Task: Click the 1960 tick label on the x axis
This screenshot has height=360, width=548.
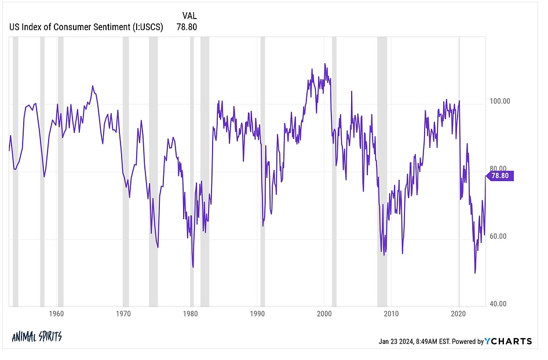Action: [x=56, y=314]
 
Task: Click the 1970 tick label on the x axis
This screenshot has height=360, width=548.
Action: [x=123, y=314]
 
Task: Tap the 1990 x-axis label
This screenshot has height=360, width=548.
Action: [x=257, y=314]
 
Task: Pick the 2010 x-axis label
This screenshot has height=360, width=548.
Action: [x=392, y=314]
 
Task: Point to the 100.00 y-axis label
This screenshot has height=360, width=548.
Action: [x=499, y=101]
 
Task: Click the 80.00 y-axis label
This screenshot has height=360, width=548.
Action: [x=499, y=169]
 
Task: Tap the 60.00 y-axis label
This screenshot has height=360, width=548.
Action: [x=499, y=237]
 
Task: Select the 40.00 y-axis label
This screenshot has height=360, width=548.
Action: [x=499, y=304]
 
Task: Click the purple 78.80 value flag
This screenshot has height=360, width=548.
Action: [x=501, y=176]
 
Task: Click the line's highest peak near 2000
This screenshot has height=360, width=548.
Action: [x=325, y=64]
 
